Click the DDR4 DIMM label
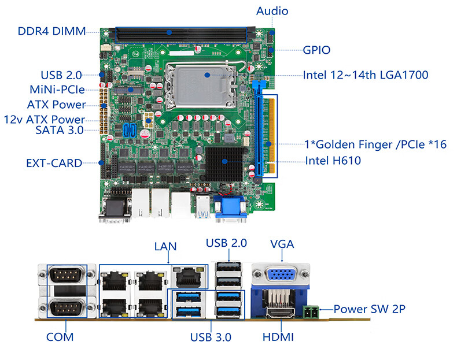click(x=51, y=31)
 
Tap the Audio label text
click(x=272, y=11)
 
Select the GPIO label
click(x=317, y=50)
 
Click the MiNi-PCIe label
click(x=57, y=90)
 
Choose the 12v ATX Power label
click(x=45, y=119)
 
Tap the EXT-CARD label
click(x=54, y=163)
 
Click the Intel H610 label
click(x=333, y=160)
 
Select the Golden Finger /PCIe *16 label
click(x=375, y=144)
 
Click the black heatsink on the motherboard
click(x=225, y=161)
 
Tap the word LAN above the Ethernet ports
click(x=165, y=246)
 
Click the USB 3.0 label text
click(x=211, y=337)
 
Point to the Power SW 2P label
click(x=369, y=309)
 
